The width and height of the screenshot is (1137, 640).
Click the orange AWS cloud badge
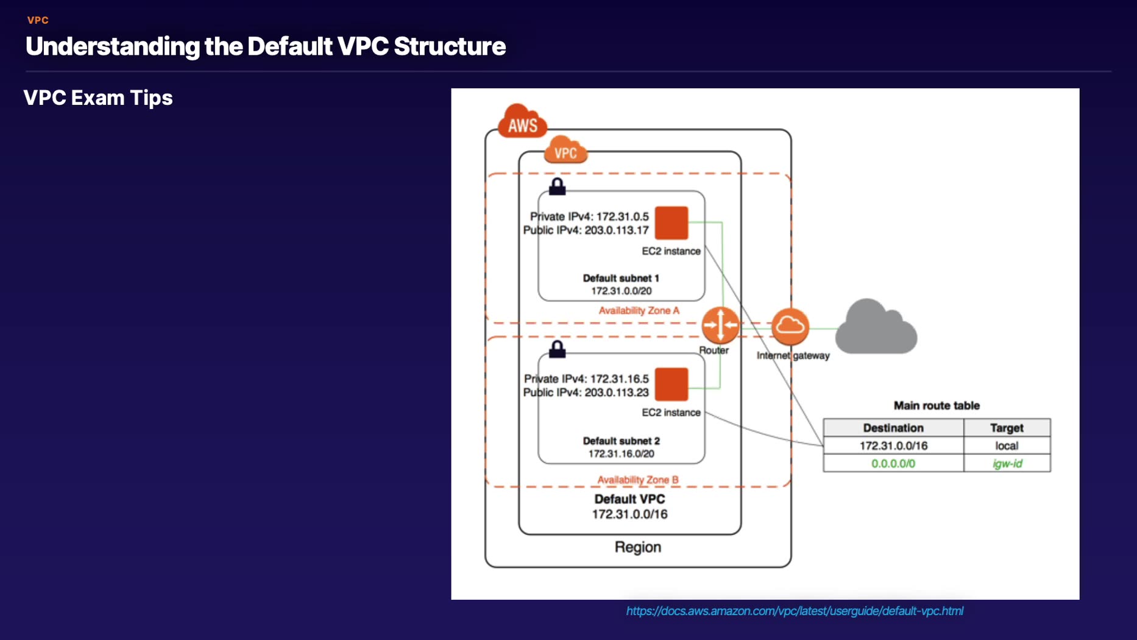pyautogui.click(x=522, y=122)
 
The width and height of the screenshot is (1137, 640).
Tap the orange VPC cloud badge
pyautogui.click(x=565, y=151)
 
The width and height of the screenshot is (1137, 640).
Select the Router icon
pyautogui.click(x=720, y=325)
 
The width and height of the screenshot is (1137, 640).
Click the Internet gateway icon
pyautogui.click(x=790, y=326)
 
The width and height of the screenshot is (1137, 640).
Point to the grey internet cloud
pyautogui.click(x=876, y=329)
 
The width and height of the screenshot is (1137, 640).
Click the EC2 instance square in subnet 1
pyautogui.click(x=671, y=223)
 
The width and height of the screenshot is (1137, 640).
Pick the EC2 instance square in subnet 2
pyautogui.click(x=671, y=384)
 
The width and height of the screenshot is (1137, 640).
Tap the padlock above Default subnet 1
pyautogui.click(x=557, y=187)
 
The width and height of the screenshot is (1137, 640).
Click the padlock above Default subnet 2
pyautogui.click(x=557, y=349)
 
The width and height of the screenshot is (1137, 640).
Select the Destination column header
pyautogui.click(x=893, y=428)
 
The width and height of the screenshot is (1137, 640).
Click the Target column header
pyautogui.click(x=1007, y=428)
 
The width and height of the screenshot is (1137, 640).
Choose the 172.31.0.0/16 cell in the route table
pyautogui.click(x=893, y=446)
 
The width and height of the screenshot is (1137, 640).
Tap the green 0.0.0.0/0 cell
pyautogui.click(x=893, y=464)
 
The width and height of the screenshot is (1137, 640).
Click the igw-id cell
pyautogui.click(x=1007, y=464)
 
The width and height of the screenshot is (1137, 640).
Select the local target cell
pyautogui.click(x=1007, y=446)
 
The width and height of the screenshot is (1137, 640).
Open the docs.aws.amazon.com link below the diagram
pyautogui.click(x=795, y=611)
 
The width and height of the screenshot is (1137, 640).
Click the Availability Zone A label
pyautogui.click(x=639, y=311)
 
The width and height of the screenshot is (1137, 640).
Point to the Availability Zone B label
pyautogui.click(x=637, y=480)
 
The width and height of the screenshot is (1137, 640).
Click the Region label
pyautogui.click(x=637, y=547)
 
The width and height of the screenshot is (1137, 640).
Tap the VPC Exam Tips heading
pyautogui.click(x=98, y=98)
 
